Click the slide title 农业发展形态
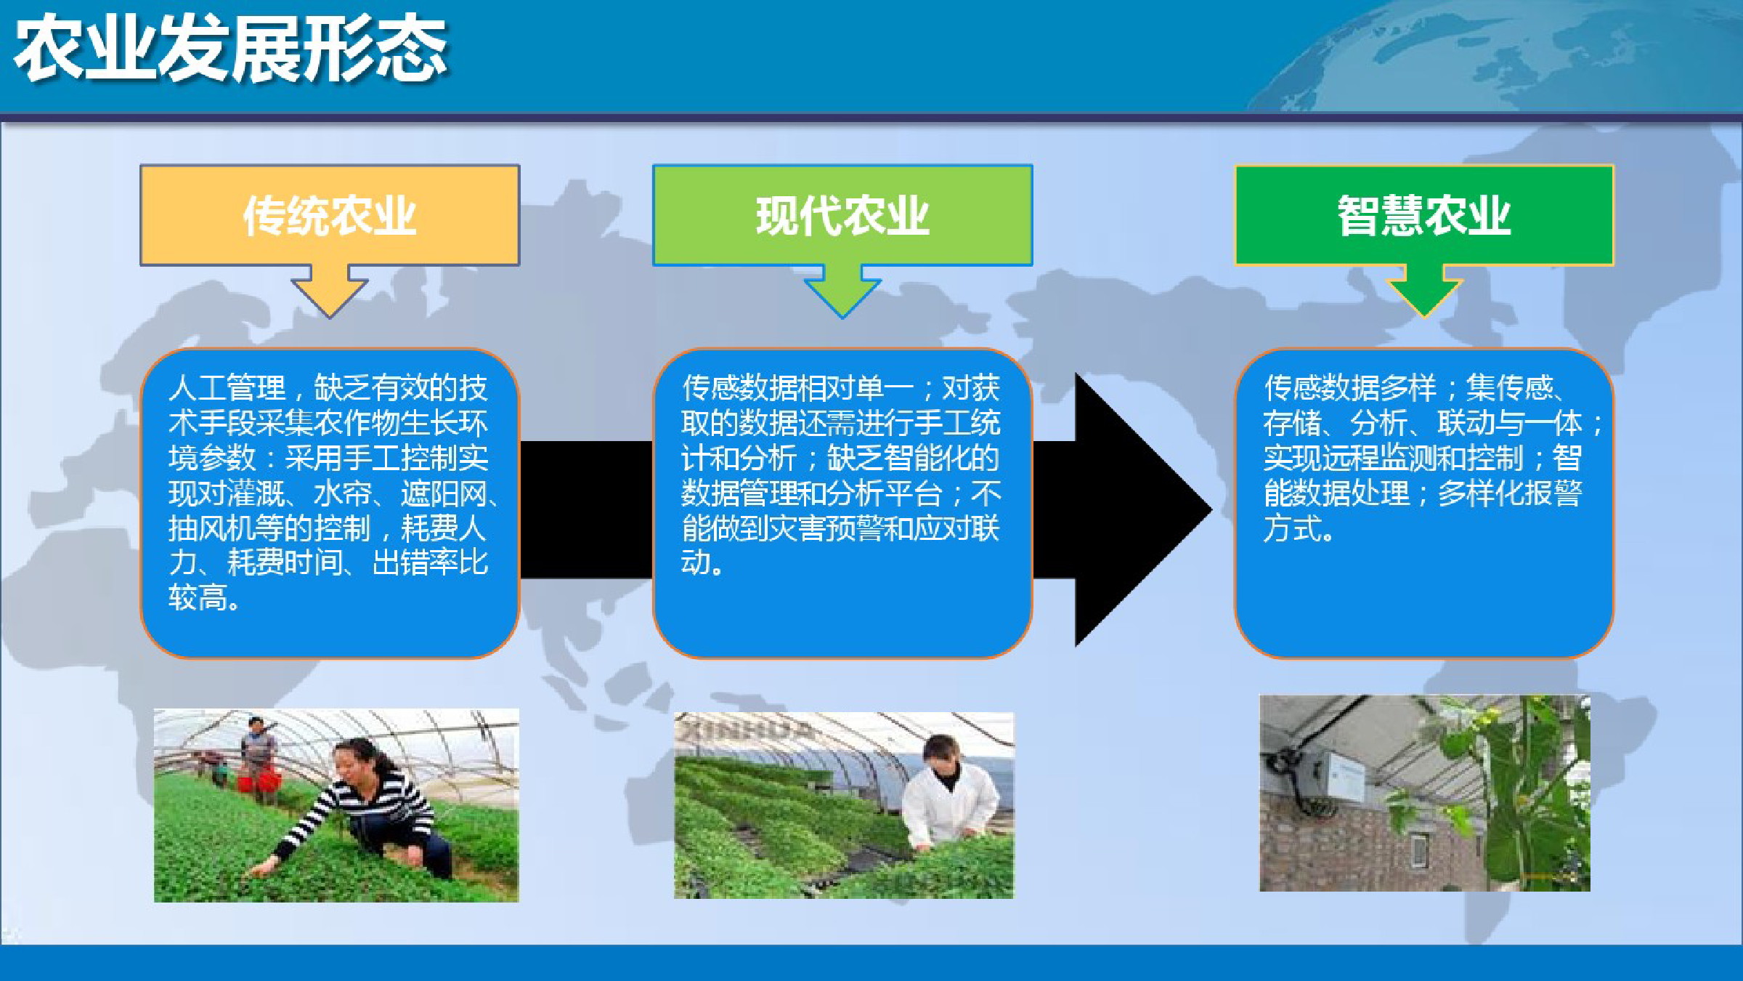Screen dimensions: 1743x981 tap(231, 49)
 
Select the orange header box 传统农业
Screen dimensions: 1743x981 tap(330, 215)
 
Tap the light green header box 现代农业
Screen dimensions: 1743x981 tap(842, 215)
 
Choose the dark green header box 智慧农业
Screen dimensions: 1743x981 tap(1424, 215)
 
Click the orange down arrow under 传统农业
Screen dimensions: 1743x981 tap(330, 291)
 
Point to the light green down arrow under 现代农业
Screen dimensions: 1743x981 tap(842, 291)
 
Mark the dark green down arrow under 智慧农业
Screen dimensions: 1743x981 tap(1424, 291)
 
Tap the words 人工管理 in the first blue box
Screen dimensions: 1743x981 tap(227, 388)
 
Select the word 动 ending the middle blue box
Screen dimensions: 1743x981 tap(696, 562)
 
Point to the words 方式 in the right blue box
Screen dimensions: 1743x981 tap(1293, 528)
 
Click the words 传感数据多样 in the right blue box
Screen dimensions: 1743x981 tap(1350, 388)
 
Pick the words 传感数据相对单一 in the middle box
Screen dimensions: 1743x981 tap(797, 388)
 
